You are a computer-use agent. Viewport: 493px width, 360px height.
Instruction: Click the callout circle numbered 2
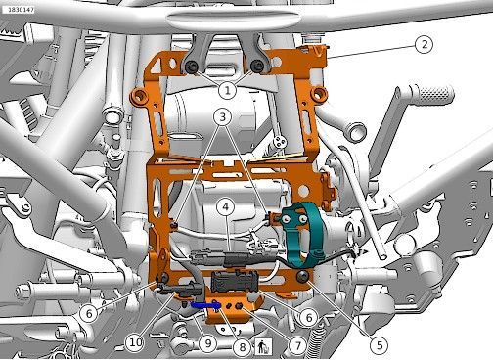424,44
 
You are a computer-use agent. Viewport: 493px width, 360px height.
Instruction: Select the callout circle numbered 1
227,90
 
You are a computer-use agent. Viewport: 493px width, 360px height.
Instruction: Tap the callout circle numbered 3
223,116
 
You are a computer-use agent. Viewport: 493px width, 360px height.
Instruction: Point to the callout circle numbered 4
227,206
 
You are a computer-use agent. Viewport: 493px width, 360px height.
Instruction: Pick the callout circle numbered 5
380,344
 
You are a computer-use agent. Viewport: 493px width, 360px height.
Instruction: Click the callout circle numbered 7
297,345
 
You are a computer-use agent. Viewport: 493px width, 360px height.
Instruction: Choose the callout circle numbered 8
242,346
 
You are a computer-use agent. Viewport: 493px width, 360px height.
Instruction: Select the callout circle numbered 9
208,342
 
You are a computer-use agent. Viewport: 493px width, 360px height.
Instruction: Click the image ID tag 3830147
19,10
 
